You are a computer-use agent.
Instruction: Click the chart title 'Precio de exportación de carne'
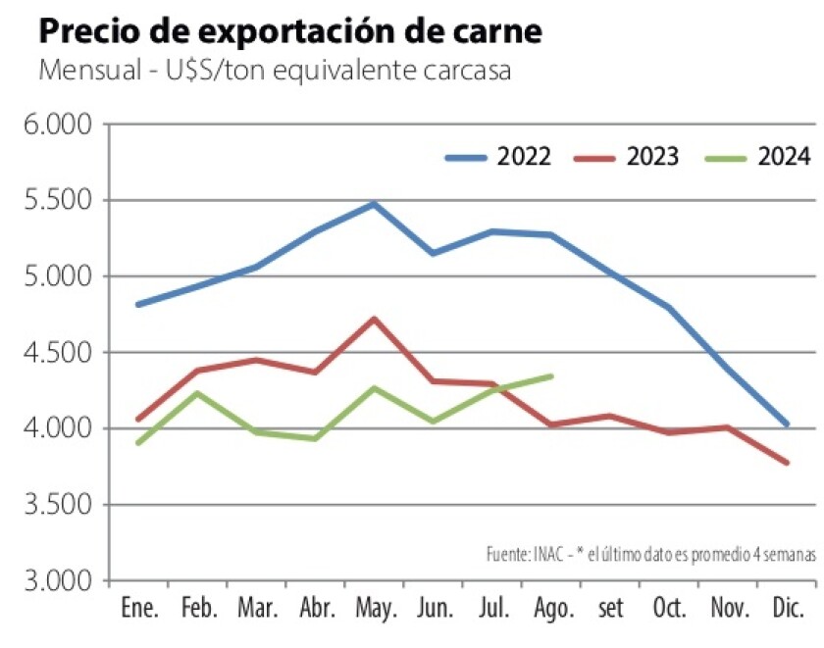[x=289, y=31]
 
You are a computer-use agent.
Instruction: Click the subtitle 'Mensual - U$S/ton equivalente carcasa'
[x=275, y=73]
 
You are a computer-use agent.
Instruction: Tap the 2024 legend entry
[x=761, y=157]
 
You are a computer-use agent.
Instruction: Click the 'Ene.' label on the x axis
[x=138, y=609]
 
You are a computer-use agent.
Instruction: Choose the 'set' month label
[x=610, y=609]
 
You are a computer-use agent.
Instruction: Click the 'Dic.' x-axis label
[x=788, y=609]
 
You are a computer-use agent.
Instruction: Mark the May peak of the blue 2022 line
[x=374, y=204]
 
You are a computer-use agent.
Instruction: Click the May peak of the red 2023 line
[x=374, y=319]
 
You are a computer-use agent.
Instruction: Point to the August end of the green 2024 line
[x=551, y=375]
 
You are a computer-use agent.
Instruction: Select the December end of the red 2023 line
[x=787, y=463]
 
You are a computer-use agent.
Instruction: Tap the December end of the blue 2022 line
[x=787, y=424]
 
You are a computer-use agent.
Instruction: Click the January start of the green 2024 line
[x=138, y=443]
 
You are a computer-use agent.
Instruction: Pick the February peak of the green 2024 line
[x=197, y=393]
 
